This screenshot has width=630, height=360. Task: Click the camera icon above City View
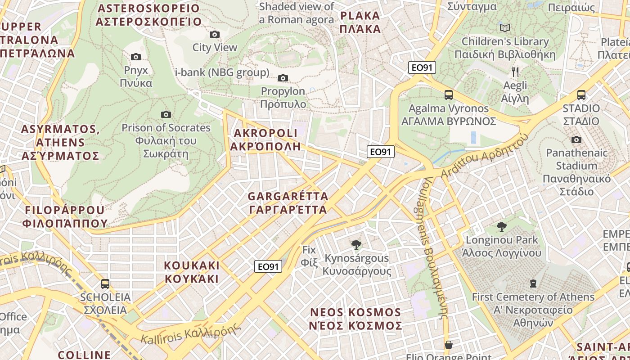(215, 35)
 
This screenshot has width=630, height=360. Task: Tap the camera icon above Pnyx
(135, 57)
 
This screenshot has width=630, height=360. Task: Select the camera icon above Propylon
(283, 78)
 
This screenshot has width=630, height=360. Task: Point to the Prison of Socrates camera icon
(166, 115)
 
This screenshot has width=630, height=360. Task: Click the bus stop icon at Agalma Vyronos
(448, 95)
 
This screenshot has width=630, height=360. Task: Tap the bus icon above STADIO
(581, 95)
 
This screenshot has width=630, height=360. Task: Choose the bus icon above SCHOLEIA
(105, 284)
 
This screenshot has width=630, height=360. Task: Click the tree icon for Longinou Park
(501, 226)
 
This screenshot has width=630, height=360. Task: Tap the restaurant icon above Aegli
(515, 72)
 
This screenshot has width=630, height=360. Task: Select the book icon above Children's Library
(505, 28)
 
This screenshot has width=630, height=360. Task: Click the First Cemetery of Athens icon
(533, 283)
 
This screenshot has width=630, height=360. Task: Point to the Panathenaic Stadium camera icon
(576, 140)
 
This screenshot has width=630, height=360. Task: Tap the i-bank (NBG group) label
(222, 72)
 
